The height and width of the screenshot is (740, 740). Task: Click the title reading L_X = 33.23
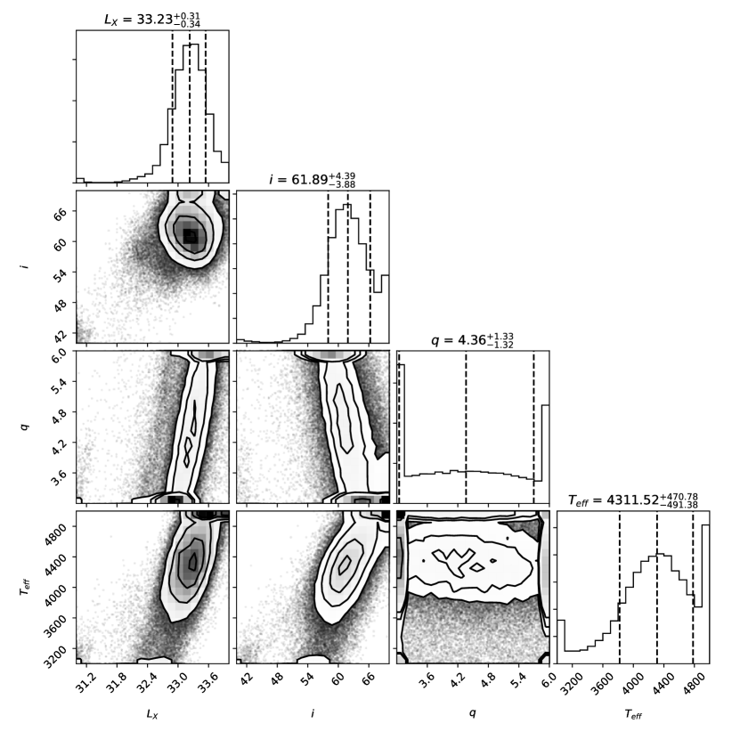[x=152, y=18]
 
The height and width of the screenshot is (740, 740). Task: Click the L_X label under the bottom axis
[x=152, y=713]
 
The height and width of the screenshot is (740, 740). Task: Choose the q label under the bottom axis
[x=472, y=713]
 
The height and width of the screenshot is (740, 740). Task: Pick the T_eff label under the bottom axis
[x=632, y=713]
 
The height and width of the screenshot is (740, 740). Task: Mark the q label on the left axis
[x=24, y=427]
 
